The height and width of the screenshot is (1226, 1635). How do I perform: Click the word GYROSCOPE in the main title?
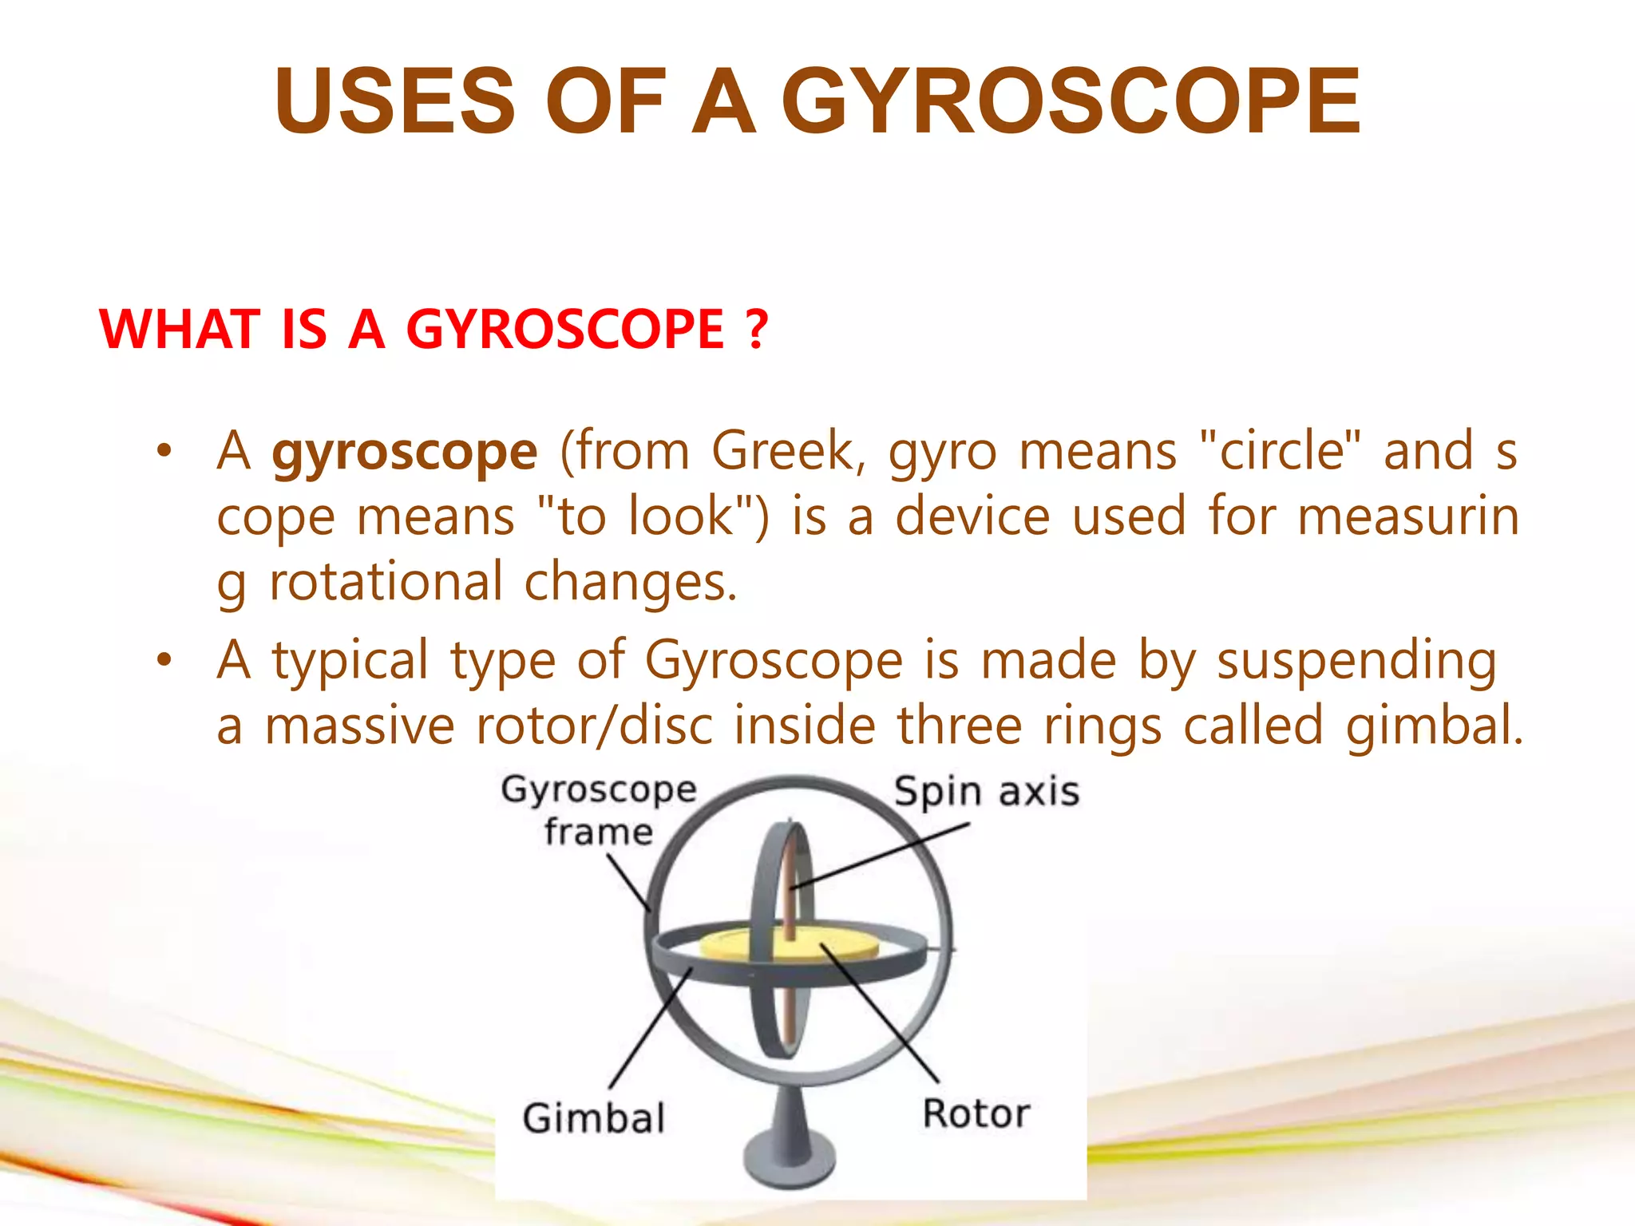coord(1071,102)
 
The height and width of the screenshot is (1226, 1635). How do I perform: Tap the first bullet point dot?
coord(164,451)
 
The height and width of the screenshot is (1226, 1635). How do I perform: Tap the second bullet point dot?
coord(164,660)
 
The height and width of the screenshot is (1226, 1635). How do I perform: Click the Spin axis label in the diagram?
coord(986,792)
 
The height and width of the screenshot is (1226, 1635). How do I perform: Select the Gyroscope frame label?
coord(599,810)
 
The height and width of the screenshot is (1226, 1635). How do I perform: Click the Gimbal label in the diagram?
coord(594,1117)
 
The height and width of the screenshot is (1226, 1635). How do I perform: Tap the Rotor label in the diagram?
coord(976,1113)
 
